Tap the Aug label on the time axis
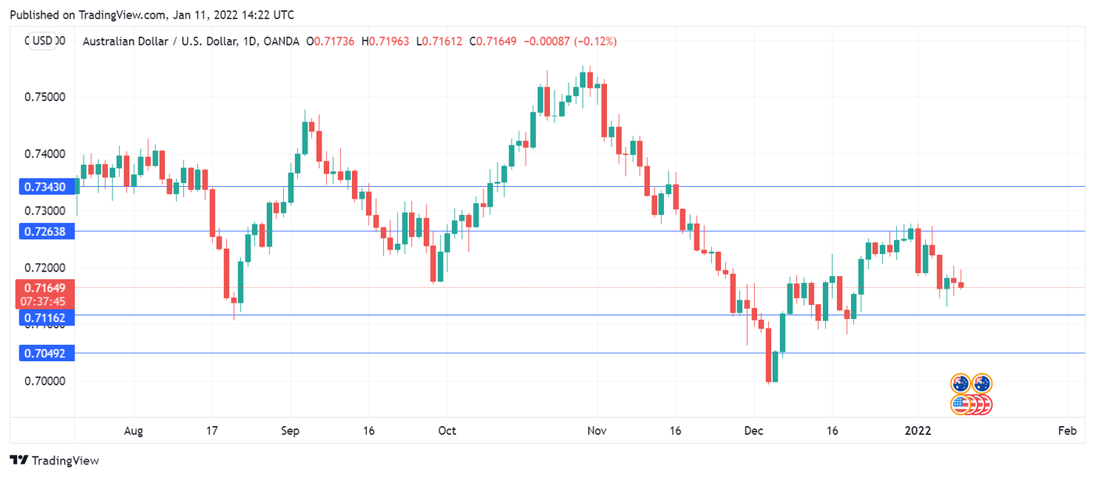(134, 431)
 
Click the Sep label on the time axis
(290, 431)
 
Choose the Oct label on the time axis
(447, 431)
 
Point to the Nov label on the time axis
(598, 431)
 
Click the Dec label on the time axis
(754, 431)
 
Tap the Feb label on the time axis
(1068, 431)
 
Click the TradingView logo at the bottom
(55, 461)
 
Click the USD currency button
(42, 41)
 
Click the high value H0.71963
(390, 41)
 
